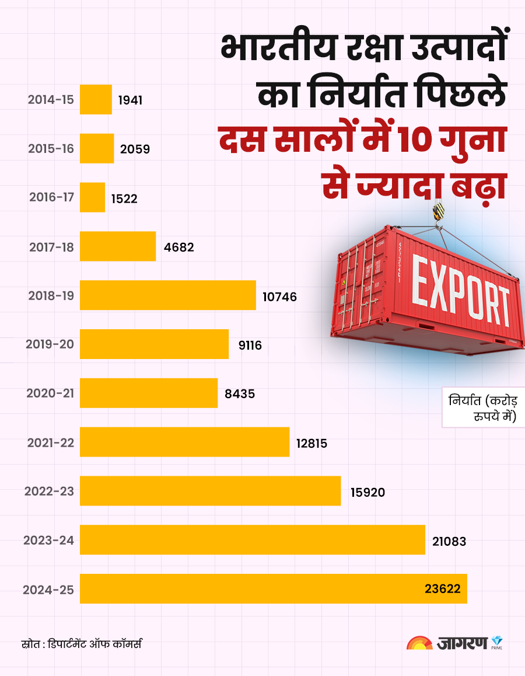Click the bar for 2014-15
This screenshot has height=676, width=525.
(x=96, y=99)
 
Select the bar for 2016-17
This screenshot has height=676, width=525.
(x=92, y=197)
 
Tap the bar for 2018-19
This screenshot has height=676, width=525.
(x=168, y=295)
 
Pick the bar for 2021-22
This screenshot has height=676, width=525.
(x=184, y=442)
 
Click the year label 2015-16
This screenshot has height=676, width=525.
(x=51, y=148)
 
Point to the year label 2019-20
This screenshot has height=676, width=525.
(x=50, y=344)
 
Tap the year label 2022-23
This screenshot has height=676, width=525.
(x=50, y=491)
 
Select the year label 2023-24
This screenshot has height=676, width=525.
(x=49, y=540)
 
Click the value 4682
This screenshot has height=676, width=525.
(x=178, y=247)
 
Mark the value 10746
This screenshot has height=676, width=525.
(x=279, y=297)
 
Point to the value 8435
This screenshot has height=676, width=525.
(x=240, y=394)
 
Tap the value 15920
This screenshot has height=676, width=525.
(x=367, y=492)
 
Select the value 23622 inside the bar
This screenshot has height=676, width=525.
(x=442, y=589)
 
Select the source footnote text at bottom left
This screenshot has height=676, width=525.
(x=81, y=644)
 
